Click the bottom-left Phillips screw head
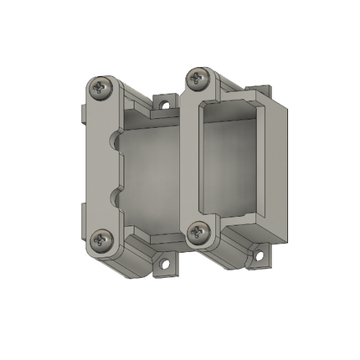[102, 240]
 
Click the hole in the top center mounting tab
[165, 106]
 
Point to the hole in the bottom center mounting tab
[165, 264]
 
